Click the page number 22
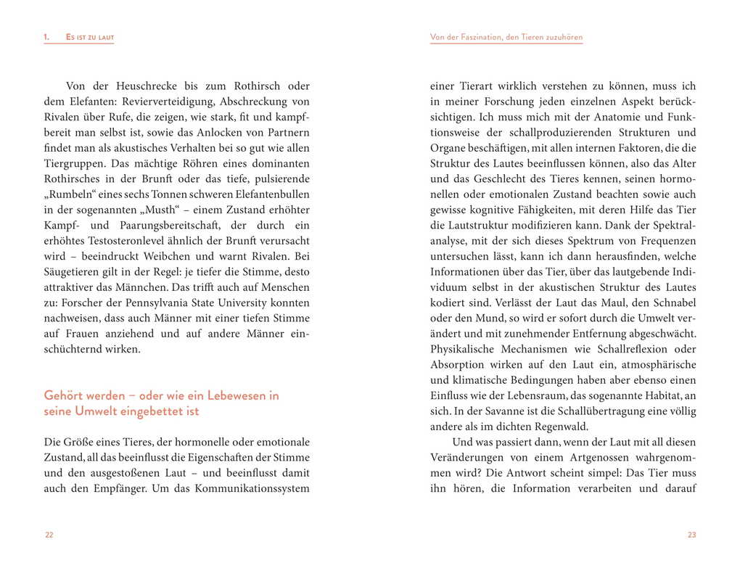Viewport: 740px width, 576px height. coord(49,535)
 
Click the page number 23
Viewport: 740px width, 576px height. coord(691,535)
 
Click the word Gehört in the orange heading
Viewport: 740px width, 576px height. coord(65,395)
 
